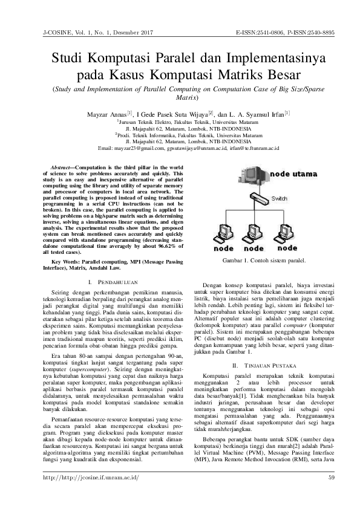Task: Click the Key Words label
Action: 66,261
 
